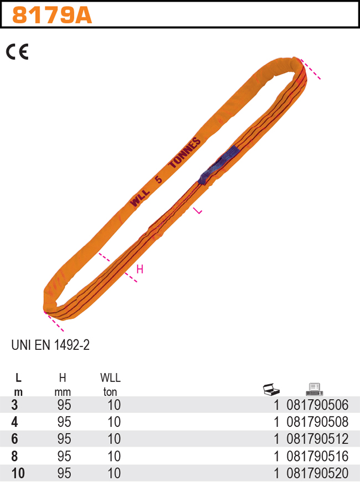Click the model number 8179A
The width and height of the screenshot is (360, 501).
click(52, 16)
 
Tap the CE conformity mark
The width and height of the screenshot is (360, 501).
click(17, 52)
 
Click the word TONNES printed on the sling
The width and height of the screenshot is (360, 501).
click(185, 153)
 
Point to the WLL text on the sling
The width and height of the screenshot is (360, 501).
click(140, 198)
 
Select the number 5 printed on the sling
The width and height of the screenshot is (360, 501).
click(158, 179)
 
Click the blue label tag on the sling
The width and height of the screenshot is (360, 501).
click(218, 165)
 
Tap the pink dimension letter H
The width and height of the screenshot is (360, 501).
click(140, 270)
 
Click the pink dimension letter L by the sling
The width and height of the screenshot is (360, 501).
click(198, 210)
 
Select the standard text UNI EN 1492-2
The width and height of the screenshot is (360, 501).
click(50, 345)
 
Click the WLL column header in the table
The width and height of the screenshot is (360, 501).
click(110, 378)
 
